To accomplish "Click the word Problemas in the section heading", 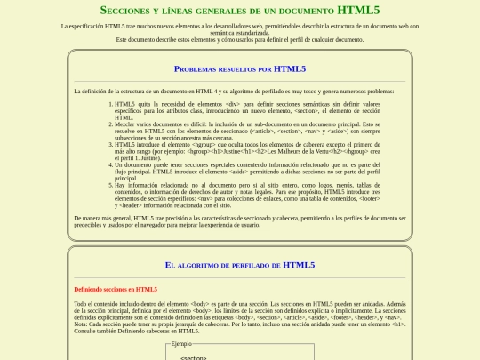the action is pyautogui.click(x=196, y=68).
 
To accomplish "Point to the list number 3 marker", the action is pyautogui.click(x=109, y=143).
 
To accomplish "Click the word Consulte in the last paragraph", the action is pyautogui.click(x=86, y=332).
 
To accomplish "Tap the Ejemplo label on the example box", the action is pyautogui.click(x=181, y=343).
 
